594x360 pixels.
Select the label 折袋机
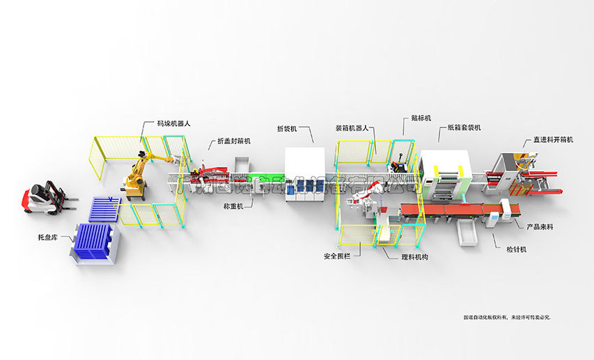(x=287, y=129)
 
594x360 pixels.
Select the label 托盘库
(x=47, y=237)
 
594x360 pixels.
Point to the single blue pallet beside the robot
(x=105, y=208)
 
